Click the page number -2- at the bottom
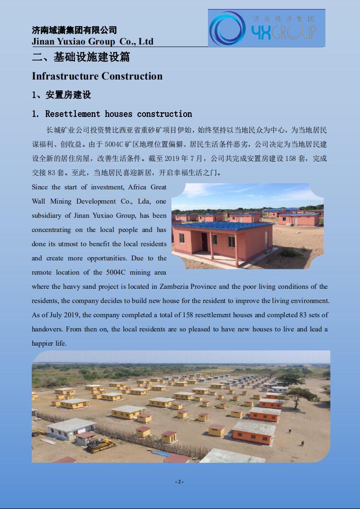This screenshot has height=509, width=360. (x=180, y=482)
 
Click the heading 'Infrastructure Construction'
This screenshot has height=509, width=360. (x=97, y=76)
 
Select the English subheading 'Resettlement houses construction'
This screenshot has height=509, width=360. (x=118, y=114)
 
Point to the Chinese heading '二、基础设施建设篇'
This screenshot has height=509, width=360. (x=81, y=58)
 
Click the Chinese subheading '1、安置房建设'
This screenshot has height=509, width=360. (x=61, y=95)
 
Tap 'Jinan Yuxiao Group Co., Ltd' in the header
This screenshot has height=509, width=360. (x=92, y=42)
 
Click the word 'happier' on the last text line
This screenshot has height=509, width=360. (x=42, y=343)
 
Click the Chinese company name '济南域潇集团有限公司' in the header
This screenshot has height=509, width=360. (x=74, y=30)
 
